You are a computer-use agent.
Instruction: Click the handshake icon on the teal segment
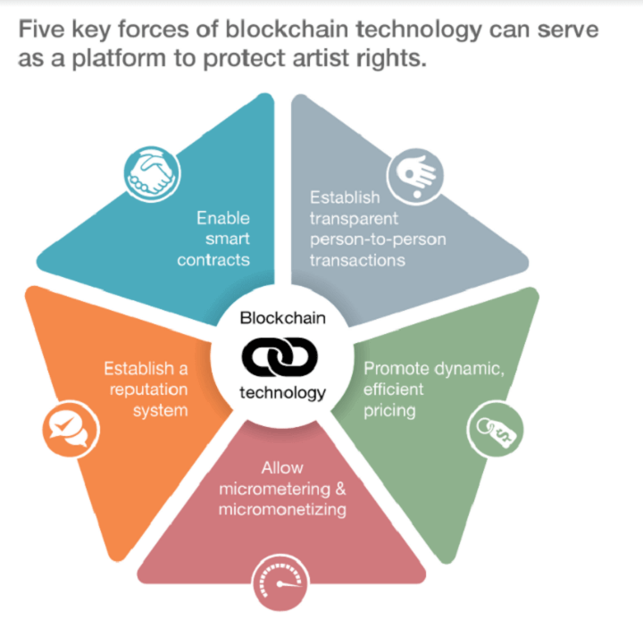152,174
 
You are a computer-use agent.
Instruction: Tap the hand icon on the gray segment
415,177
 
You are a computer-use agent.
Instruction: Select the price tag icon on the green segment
496,429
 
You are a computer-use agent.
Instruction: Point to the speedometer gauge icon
280,582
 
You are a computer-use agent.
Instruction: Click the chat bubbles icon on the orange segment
71,429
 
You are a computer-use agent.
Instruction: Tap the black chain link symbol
280,356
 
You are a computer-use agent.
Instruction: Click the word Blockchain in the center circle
282,318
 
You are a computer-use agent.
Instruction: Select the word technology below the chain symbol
282,393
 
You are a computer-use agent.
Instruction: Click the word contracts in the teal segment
213,260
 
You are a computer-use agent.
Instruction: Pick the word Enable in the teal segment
223,218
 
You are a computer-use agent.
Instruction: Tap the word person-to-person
378,239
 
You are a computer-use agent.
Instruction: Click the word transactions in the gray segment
357,261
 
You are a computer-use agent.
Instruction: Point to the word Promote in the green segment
397,368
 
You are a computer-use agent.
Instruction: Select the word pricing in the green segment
389,411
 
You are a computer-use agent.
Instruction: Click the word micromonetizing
282,509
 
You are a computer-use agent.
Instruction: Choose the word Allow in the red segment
282,468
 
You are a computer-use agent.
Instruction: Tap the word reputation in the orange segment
148,390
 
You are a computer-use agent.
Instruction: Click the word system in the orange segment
161,411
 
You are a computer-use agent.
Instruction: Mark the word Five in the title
41,29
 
